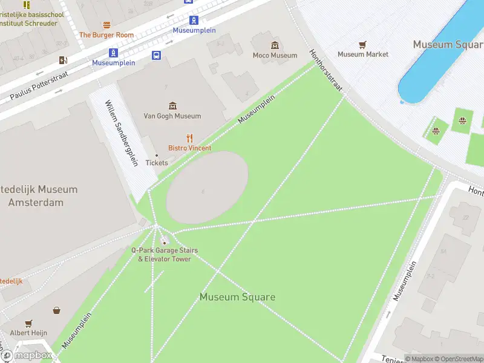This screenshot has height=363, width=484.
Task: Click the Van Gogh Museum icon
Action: point(173,106)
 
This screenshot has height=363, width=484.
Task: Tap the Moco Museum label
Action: point(275,55)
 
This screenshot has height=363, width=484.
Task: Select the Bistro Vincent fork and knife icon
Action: point(189,138)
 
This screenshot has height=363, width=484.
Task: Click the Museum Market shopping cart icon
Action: point(362,45)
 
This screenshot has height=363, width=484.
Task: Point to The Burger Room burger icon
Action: point(106,25)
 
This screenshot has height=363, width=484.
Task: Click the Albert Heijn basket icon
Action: point(56,310)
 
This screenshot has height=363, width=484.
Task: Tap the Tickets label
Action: point(157,163)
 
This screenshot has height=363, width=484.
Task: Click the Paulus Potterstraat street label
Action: point(39,85)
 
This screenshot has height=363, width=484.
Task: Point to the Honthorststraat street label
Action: point(326,70)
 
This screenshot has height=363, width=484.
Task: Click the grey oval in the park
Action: point(208,188)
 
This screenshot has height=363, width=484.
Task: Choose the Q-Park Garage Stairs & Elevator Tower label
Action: point(165,255)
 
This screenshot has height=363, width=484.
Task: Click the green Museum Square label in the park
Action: point(237,297)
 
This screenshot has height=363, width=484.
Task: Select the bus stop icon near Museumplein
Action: point(156,56)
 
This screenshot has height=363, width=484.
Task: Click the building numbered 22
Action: point(465,218)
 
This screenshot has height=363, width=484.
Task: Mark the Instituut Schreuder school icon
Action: point(27,5)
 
